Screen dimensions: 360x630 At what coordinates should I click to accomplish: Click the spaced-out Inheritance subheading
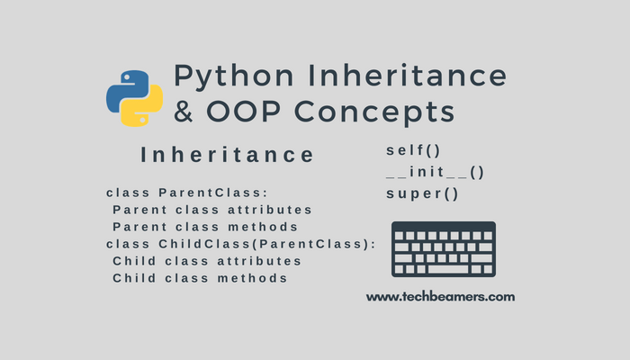click(228, 155)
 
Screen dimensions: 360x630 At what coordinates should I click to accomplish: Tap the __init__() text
click(435, 171)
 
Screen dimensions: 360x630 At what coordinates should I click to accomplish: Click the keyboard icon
click(443, 249)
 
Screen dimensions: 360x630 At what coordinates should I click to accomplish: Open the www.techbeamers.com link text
click(440, 295)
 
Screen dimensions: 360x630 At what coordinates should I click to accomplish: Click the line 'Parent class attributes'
click(206, 210)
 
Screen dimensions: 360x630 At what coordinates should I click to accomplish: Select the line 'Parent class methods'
click(205, 227)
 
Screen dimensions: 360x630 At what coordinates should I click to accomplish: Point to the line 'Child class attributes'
click(206, 261)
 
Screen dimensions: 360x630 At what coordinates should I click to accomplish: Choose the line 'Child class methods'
click(200, 278)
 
